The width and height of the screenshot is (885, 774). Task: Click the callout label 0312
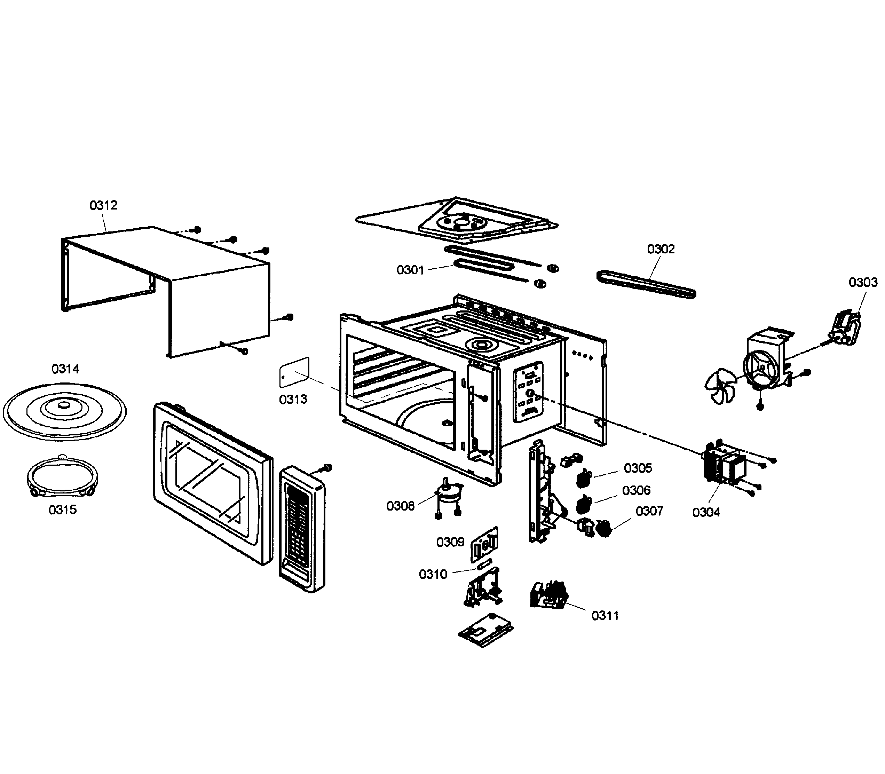(103, 205)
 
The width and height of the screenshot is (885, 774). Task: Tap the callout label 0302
(661, 249)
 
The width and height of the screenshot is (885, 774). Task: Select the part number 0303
(863, 283)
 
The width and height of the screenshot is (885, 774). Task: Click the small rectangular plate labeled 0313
(294, 371)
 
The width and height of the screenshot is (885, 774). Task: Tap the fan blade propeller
(720, 385)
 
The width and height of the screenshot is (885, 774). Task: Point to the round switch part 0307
(604, 528)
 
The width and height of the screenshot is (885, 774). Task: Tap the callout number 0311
(605, 616)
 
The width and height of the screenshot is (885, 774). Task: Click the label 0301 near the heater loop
(410, 270)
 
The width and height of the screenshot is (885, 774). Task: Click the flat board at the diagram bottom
(485, 631)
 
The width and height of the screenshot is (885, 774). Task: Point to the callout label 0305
(638, 468)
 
